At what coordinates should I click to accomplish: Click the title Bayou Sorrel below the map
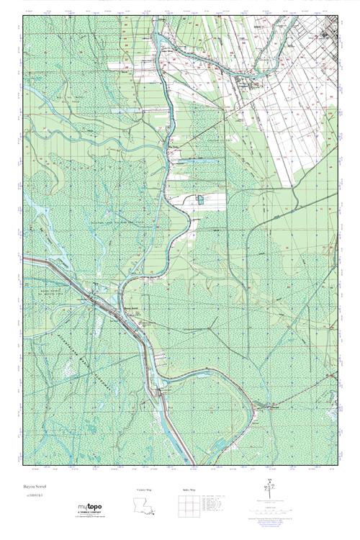pos(34,486)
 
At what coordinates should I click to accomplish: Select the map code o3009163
pos(35,495)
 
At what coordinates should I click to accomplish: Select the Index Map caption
pos(189,490)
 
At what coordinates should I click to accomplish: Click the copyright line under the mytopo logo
pos(89,518)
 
